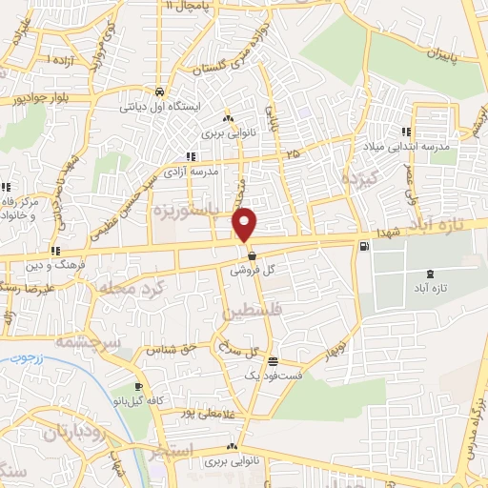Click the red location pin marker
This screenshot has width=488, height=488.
pos(246,224)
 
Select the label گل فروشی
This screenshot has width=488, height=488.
pos(255,271)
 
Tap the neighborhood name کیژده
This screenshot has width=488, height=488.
pos(363,177)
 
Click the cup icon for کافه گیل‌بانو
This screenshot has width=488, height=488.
pos(140,387)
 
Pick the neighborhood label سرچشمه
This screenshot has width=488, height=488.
pos(85,340)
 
